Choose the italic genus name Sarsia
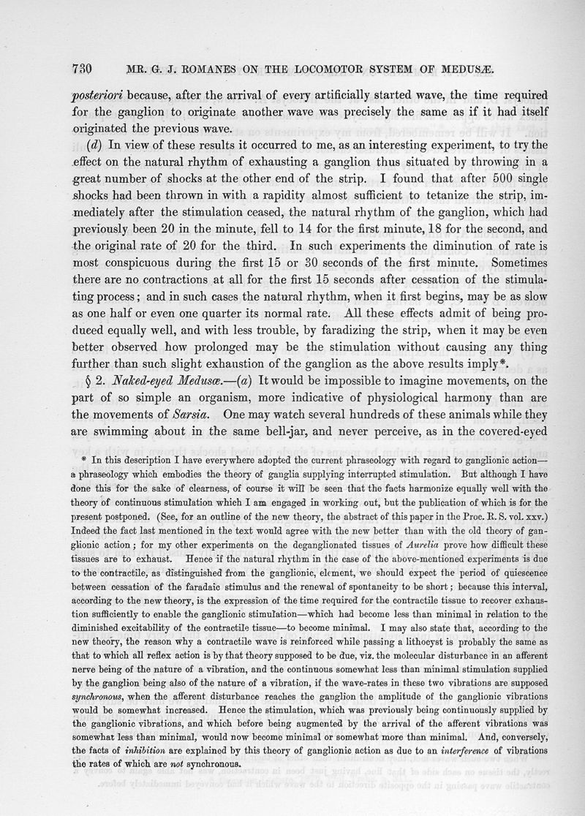click(165, 418)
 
